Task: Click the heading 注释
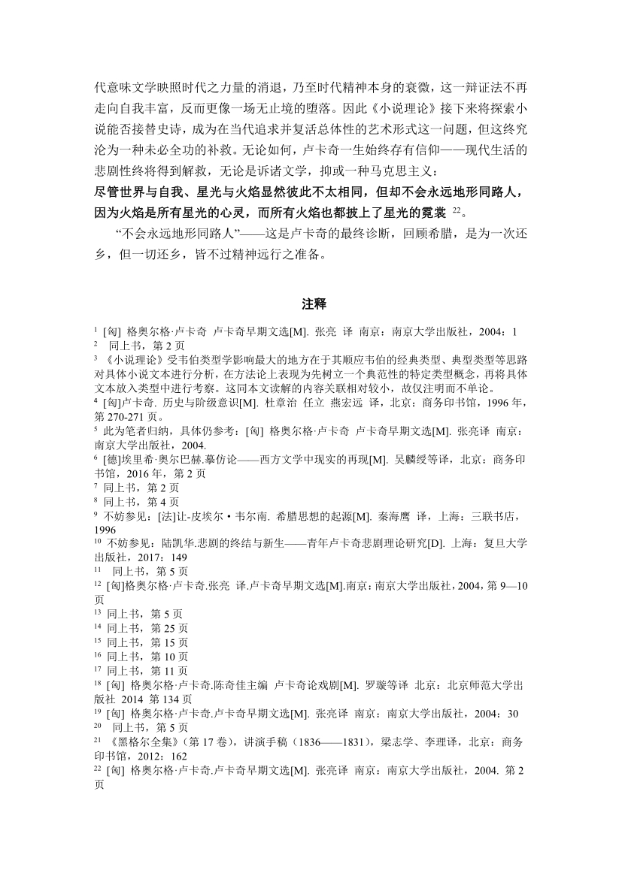311,304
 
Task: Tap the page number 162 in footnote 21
179,756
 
